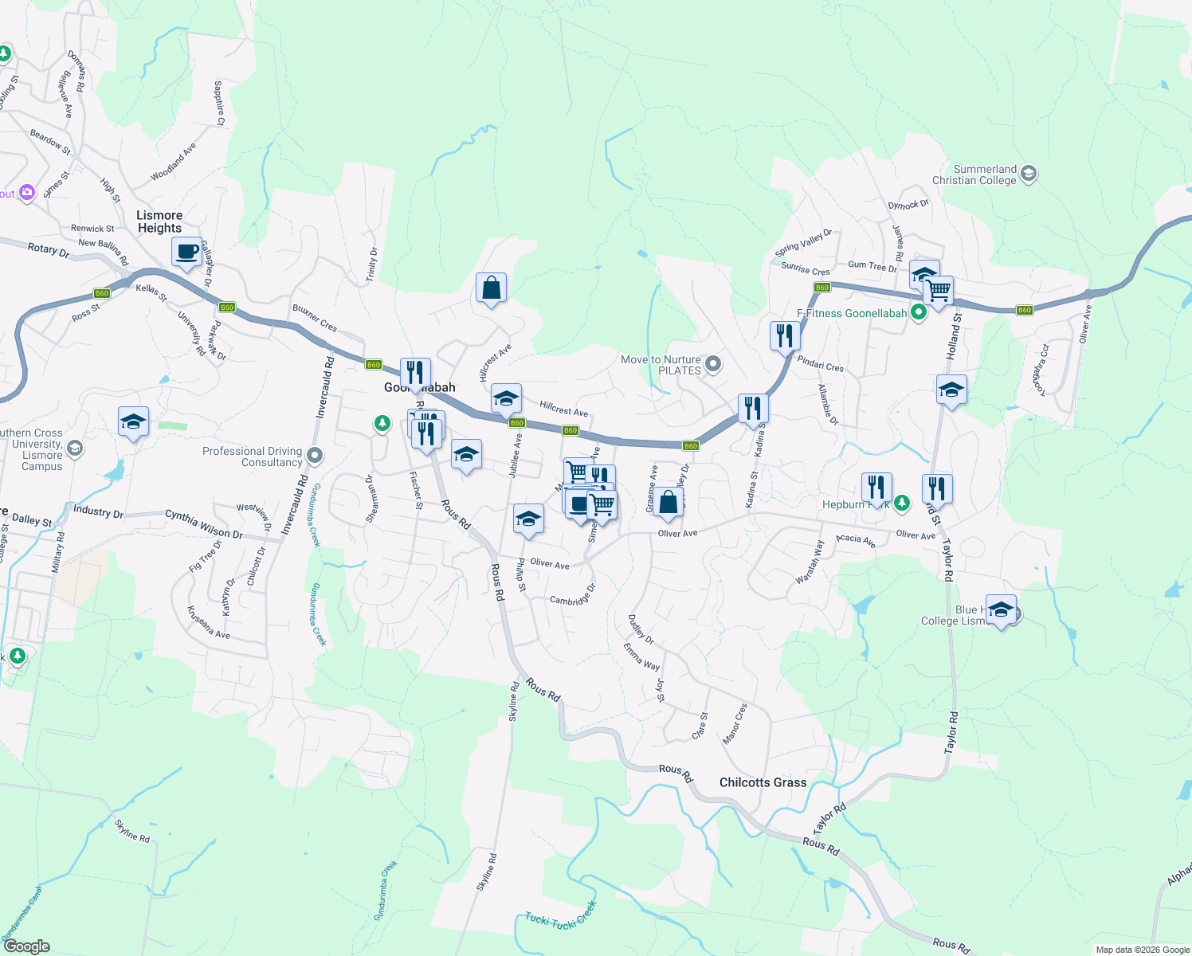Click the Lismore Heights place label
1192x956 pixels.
159,221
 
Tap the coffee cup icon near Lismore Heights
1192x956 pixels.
187,253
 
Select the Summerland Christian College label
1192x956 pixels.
985,174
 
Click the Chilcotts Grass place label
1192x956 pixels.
763,782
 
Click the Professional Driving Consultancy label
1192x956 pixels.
252,456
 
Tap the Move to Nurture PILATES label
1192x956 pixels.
661,365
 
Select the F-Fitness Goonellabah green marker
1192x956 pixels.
918,313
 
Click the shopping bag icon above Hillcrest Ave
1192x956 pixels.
492,288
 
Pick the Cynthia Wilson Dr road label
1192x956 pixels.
203,524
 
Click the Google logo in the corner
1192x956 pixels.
26,946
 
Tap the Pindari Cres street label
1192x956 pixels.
820,364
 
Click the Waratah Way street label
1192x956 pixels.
810,562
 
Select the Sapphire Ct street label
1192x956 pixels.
219,103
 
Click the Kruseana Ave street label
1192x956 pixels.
208,622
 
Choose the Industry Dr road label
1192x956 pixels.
98,512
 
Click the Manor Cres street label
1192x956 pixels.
735,723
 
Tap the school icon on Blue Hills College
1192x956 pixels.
1000,611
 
